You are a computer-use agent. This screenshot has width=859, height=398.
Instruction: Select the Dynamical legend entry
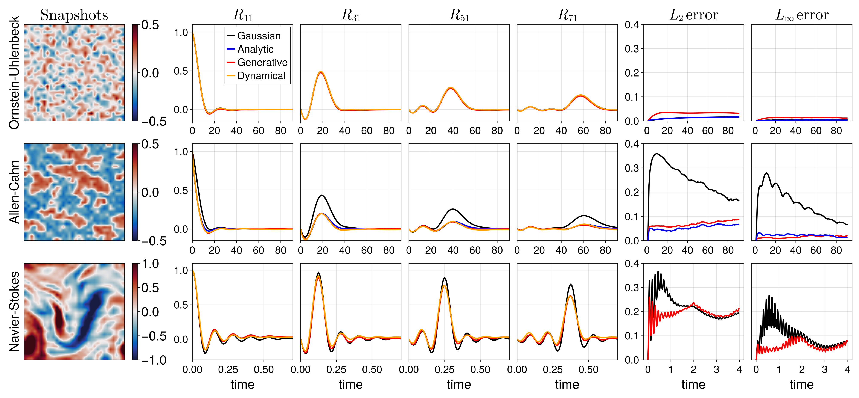pos(261,76)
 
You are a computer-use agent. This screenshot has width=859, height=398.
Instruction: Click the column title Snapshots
pos(74,15)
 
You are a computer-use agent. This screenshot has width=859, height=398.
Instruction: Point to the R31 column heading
pos(351,15)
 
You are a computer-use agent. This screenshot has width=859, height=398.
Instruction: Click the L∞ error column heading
pos(802,15)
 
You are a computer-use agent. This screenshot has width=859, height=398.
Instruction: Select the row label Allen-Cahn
pos(14,192)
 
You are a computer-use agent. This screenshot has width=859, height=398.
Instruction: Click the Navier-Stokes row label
pos(14,311)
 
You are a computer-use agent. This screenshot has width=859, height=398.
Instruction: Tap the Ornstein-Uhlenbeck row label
pos(14,73)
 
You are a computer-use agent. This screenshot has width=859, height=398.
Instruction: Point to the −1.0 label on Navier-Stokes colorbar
pos(153,360)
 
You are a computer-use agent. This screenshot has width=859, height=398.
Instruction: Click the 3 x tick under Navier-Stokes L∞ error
pos(825,370)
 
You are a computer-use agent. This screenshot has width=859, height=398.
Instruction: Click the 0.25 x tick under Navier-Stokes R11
pos(228,370)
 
